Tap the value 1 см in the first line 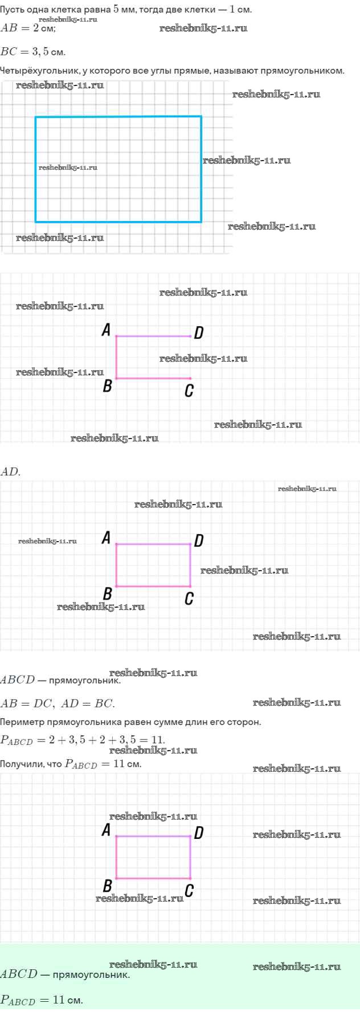[240, 9]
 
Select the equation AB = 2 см [28, 28]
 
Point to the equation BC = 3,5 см [33, 52]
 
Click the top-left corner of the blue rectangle [36, 117]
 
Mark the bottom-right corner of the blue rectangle [201, 221]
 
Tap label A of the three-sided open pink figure [106, 330]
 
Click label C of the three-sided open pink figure [189, 391]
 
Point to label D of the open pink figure [198, 333]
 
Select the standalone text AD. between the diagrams [10, 472]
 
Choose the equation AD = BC [88, 703]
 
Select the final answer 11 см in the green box [68, 1000]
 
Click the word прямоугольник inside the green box [91, 974]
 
